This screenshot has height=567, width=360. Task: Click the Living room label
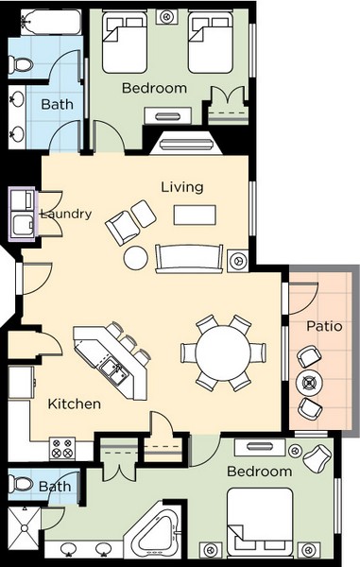coord(182,187)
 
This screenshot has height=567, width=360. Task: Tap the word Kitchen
coord(75,404)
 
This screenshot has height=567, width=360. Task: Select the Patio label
coord(324,326)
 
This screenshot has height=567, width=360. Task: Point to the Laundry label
coord(66,215)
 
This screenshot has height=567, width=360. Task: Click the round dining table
coord(223,352)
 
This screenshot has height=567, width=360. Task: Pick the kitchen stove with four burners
coord(62,448)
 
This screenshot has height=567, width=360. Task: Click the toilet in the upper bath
coord(21,64)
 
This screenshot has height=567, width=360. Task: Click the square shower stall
coord(25,528)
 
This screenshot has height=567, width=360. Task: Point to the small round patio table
coord(309,383)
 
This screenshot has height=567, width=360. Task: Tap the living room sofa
coord(189,258)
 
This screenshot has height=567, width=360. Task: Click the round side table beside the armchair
coord(135,258)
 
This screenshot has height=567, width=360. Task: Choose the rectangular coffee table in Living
coord(195,215)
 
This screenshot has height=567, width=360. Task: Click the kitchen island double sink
coord(113,370)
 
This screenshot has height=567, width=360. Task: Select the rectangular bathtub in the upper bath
coord(51,22)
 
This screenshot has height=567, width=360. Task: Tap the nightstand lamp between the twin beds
coord(166,17)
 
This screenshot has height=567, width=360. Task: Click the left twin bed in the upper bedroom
coord(125,42)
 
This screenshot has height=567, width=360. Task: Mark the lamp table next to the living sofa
coord(238,260)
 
